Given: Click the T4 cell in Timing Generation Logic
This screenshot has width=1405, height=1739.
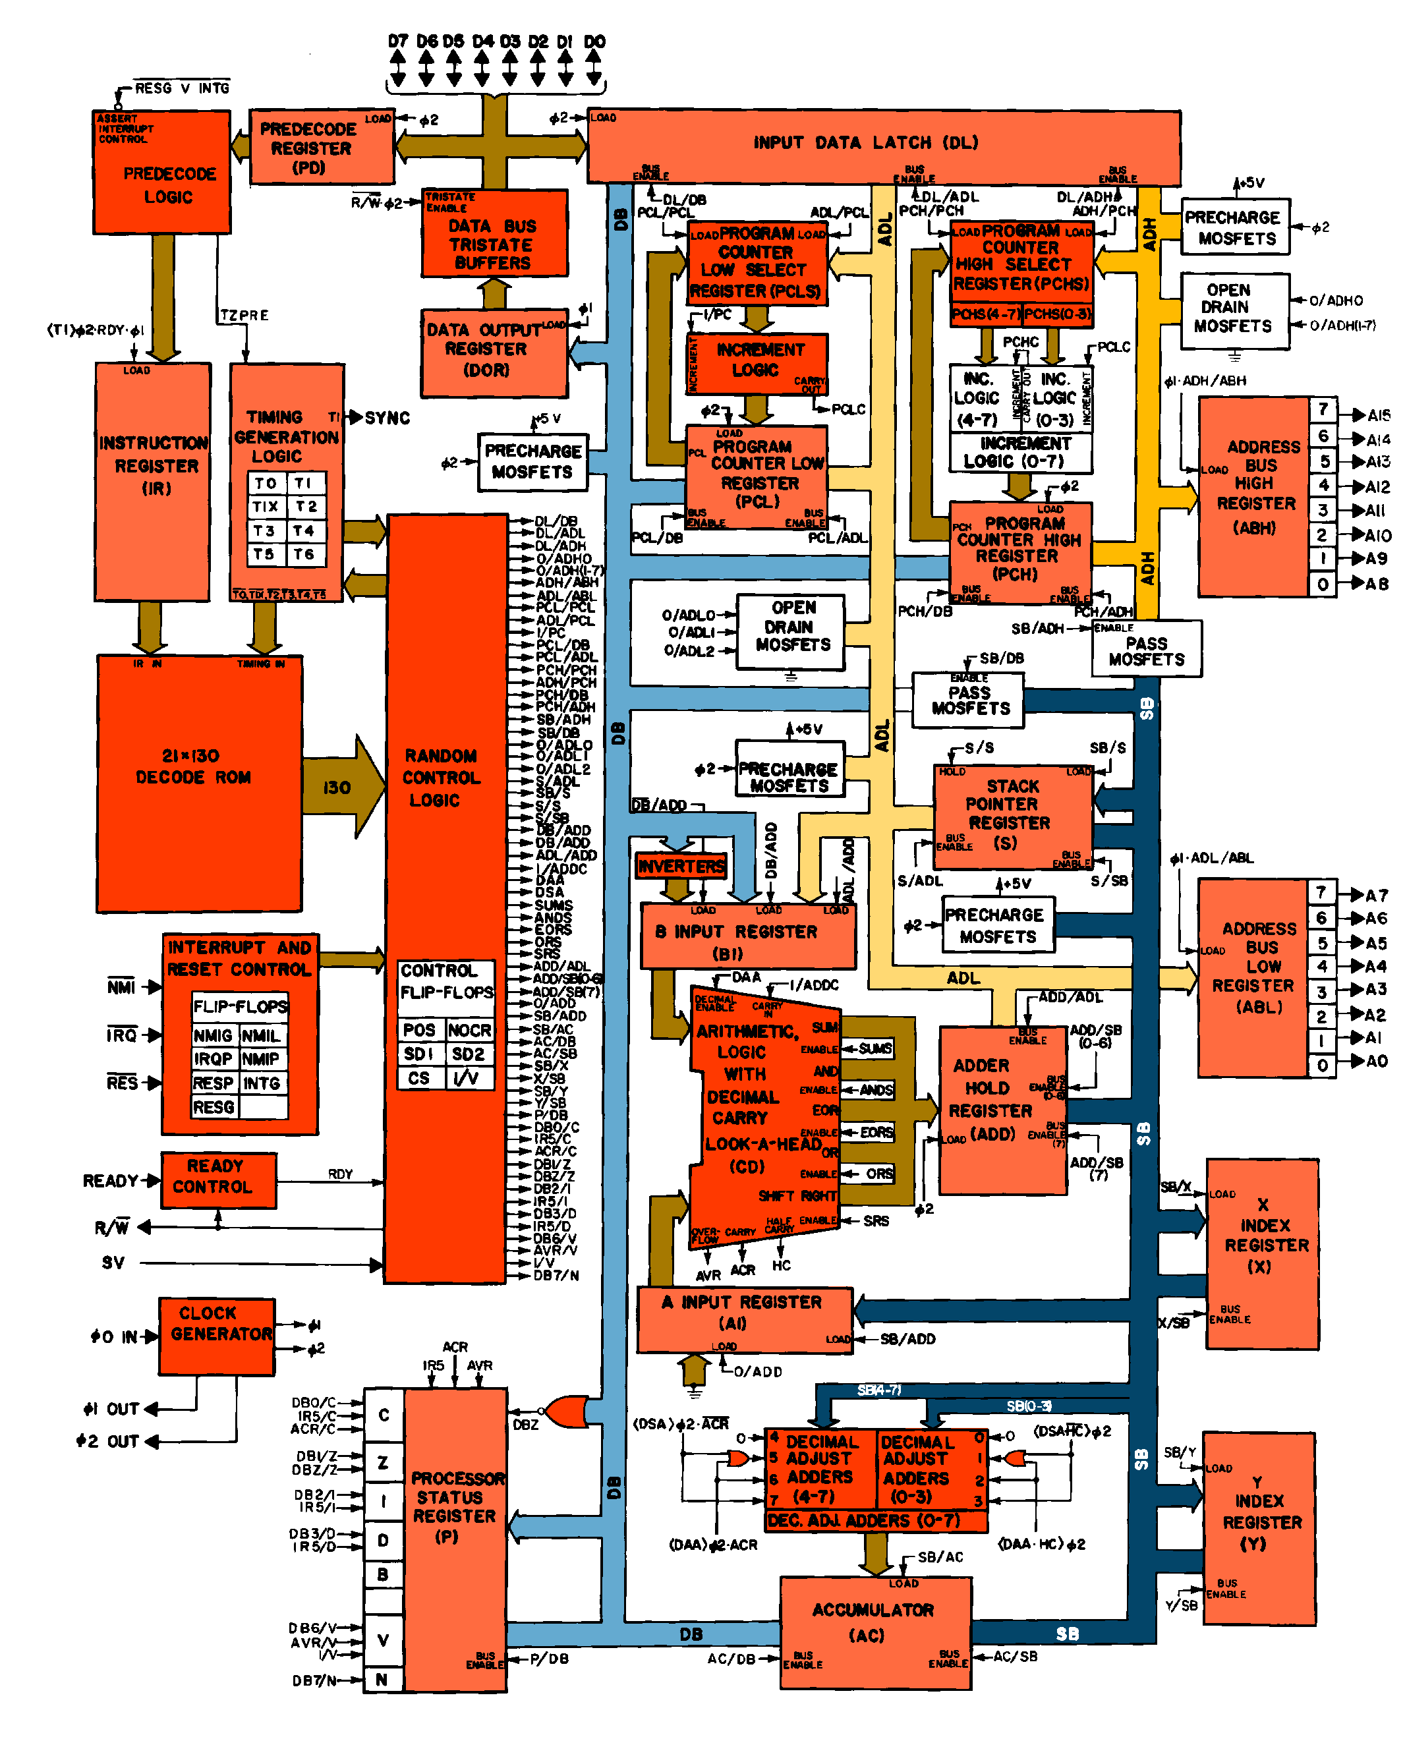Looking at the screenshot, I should [x=305, y=531].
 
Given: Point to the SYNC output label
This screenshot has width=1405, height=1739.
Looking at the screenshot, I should [x=387, y=418].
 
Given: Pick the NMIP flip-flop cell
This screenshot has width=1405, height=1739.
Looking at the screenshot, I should [x=262, y=1058].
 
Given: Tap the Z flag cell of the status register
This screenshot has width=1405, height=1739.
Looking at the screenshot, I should [x=384, y=1462].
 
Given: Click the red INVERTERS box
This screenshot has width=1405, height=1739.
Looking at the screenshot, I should [x=681, y=866].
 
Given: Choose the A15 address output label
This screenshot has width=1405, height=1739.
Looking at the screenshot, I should [x=1378, y=415].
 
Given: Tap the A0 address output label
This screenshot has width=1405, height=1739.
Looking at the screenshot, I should [x=1377, y=1061].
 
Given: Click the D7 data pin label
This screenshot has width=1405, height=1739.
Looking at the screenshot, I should [x=397, y=40].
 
